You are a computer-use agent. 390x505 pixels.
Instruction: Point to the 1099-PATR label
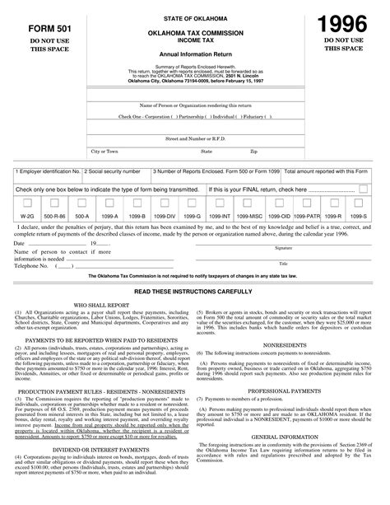[x=330, y=215]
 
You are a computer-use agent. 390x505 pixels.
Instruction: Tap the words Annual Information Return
[x=196, y=53]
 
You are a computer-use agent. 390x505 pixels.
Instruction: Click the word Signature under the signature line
[x=284, y=247]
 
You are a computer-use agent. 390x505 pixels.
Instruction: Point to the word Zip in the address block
[x=253, y=151]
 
